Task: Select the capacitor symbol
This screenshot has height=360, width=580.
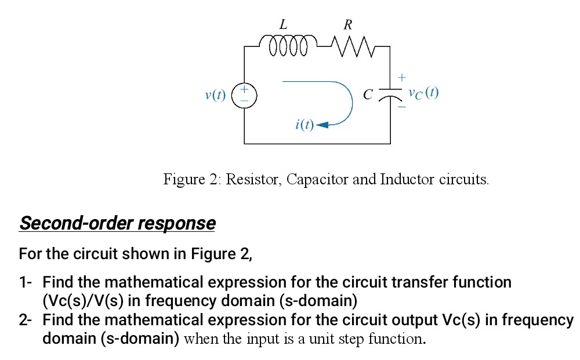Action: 390,94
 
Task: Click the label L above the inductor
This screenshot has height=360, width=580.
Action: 283,24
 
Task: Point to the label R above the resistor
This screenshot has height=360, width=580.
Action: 347,24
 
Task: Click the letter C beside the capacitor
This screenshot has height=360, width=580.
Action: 367,94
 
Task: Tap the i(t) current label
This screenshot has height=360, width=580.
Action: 303,124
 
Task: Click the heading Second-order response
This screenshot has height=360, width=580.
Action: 117,223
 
